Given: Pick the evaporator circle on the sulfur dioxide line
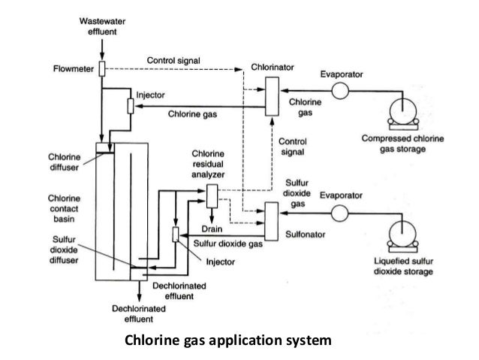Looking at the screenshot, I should click(341, 211).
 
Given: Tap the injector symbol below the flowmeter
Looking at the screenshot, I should click(131, 106).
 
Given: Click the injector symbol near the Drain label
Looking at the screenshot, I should click(176, 234).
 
